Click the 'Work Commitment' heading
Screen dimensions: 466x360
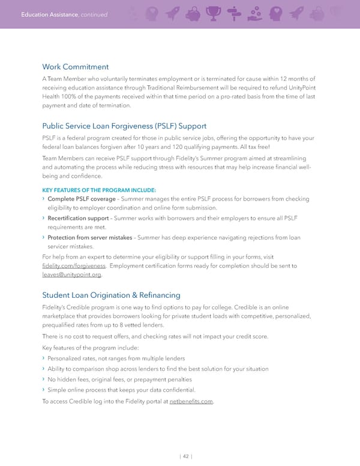75,67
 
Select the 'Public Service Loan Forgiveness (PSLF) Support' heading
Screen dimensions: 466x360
124,126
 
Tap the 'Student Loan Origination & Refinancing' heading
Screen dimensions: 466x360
112,295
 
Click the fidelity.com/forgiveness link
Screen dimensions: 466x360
74,265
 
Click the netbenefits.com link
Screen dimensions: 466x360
191,402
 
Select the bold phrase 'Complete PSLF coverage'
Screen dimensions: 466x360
81,199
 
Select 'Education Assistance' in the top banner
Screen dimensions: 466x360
44,14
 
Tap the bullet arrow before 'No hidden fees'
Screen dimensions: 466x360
43,379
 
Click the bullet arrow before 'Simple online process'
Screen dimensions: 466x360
43,390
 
